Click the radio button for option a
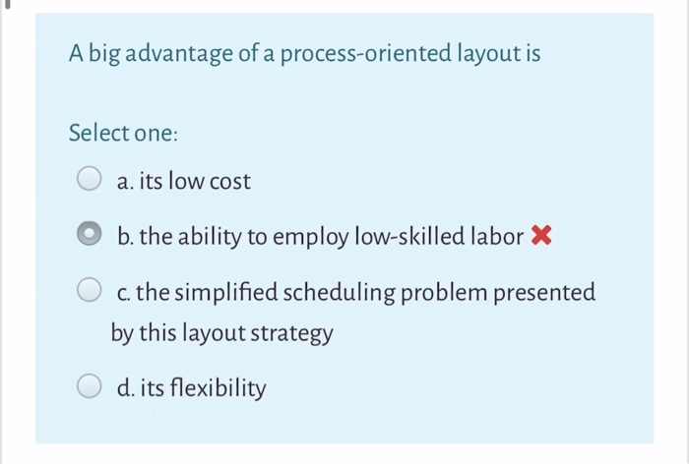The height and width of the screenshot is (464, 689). [x=90, y=181]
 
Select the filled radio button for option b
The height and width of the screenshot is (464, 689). [x=90, y=237]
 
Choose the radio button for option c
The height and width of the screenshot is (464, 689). [x=90, y=292]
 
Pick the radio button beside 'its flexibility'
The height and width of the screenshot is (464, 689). [x=90, y=389]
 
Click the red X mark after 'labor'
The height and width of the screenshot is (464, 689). [x=539, y=236]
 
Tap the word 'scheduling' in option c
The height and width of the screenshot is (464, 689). [x=334, y=293]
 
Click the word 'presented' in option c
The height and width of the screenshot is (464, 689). [x=546, y=293]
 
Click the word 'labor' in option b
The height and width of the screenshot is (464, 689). [x=498, y=237]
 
